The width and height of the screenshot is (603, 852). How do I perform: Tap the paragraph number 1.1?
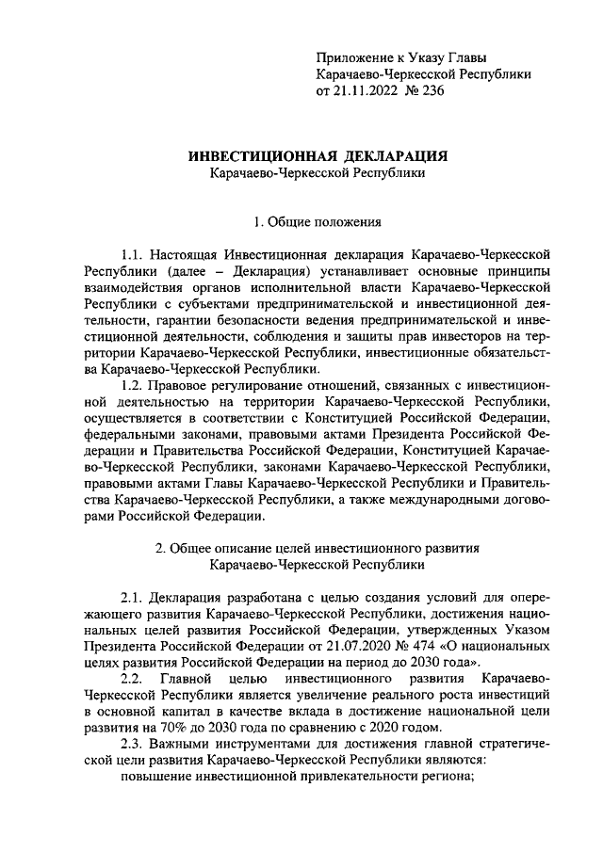pos(136,256)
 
